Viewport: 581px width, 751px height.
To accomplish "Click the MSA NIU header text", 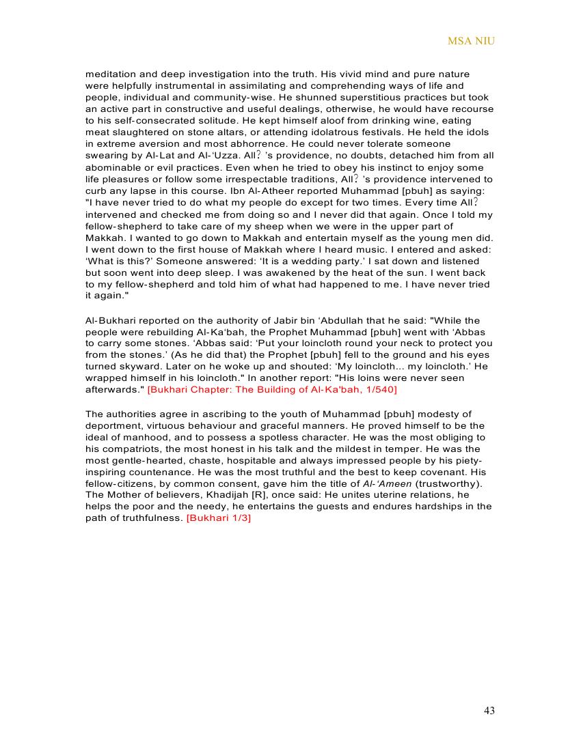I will [x=471, y=41].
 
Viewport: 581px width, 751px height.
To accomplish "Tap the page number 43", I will [x=489, y=711].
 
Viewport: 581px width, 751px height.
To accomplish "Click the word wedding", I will [x=288, y=261].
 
